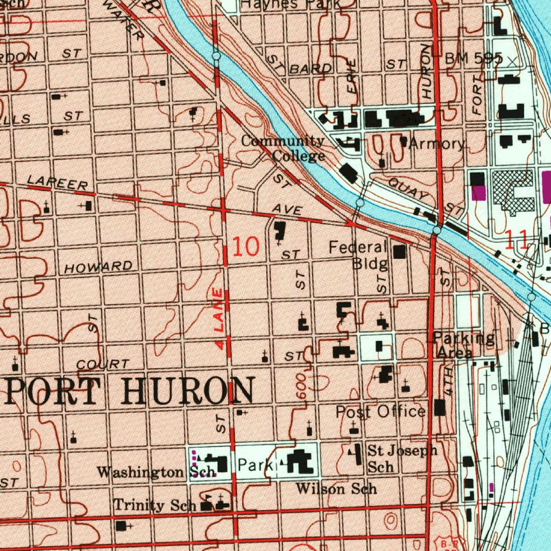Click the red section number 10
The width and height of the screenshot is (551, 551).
[246, 246]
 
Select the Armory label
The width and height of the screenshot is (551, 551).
[436, 144]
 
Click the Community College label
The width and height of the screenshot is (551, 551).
[284, 149]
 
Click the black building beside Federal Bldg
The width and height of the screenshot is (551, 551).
[399, 251]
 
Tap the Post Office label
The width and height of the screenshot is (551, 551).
[380, 412]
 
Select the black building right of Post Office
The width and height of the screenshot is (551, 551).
[440, 407]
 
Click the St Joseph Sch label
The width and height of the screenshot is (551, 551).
[401, 457]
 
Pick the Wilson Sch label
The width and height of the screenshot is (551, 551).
[336, 489]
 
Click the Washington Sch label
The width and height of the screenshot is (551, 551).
[149, 472]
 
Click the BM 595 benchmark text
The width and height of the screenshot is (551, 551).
[474, 59]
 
